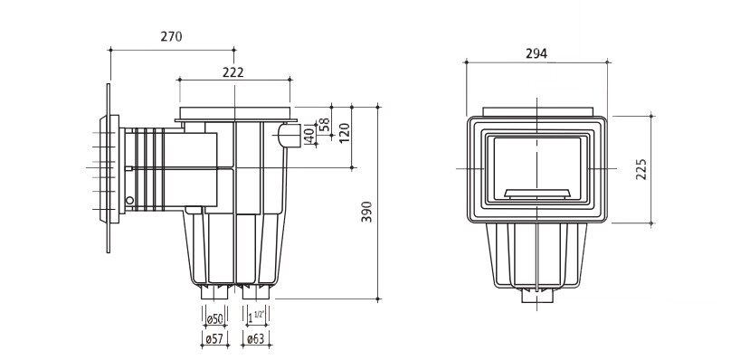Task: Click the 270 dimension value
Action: coord(171,36)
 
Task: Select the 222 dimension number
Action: coord(233,72)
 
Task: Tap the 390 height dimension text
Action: coord(367,212)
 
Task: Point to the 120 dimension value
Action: coord(345,132)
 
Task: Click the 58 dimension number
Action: coord(325,124)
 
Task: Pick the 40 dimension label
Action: coord(309,136)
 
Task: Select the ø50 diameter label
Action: coord(214,319)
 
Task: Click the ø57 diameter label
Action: coord(214,339)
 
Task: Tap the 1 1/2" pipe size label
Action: coord(257,317)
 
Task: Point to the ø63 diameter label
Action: coord(255,339)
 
